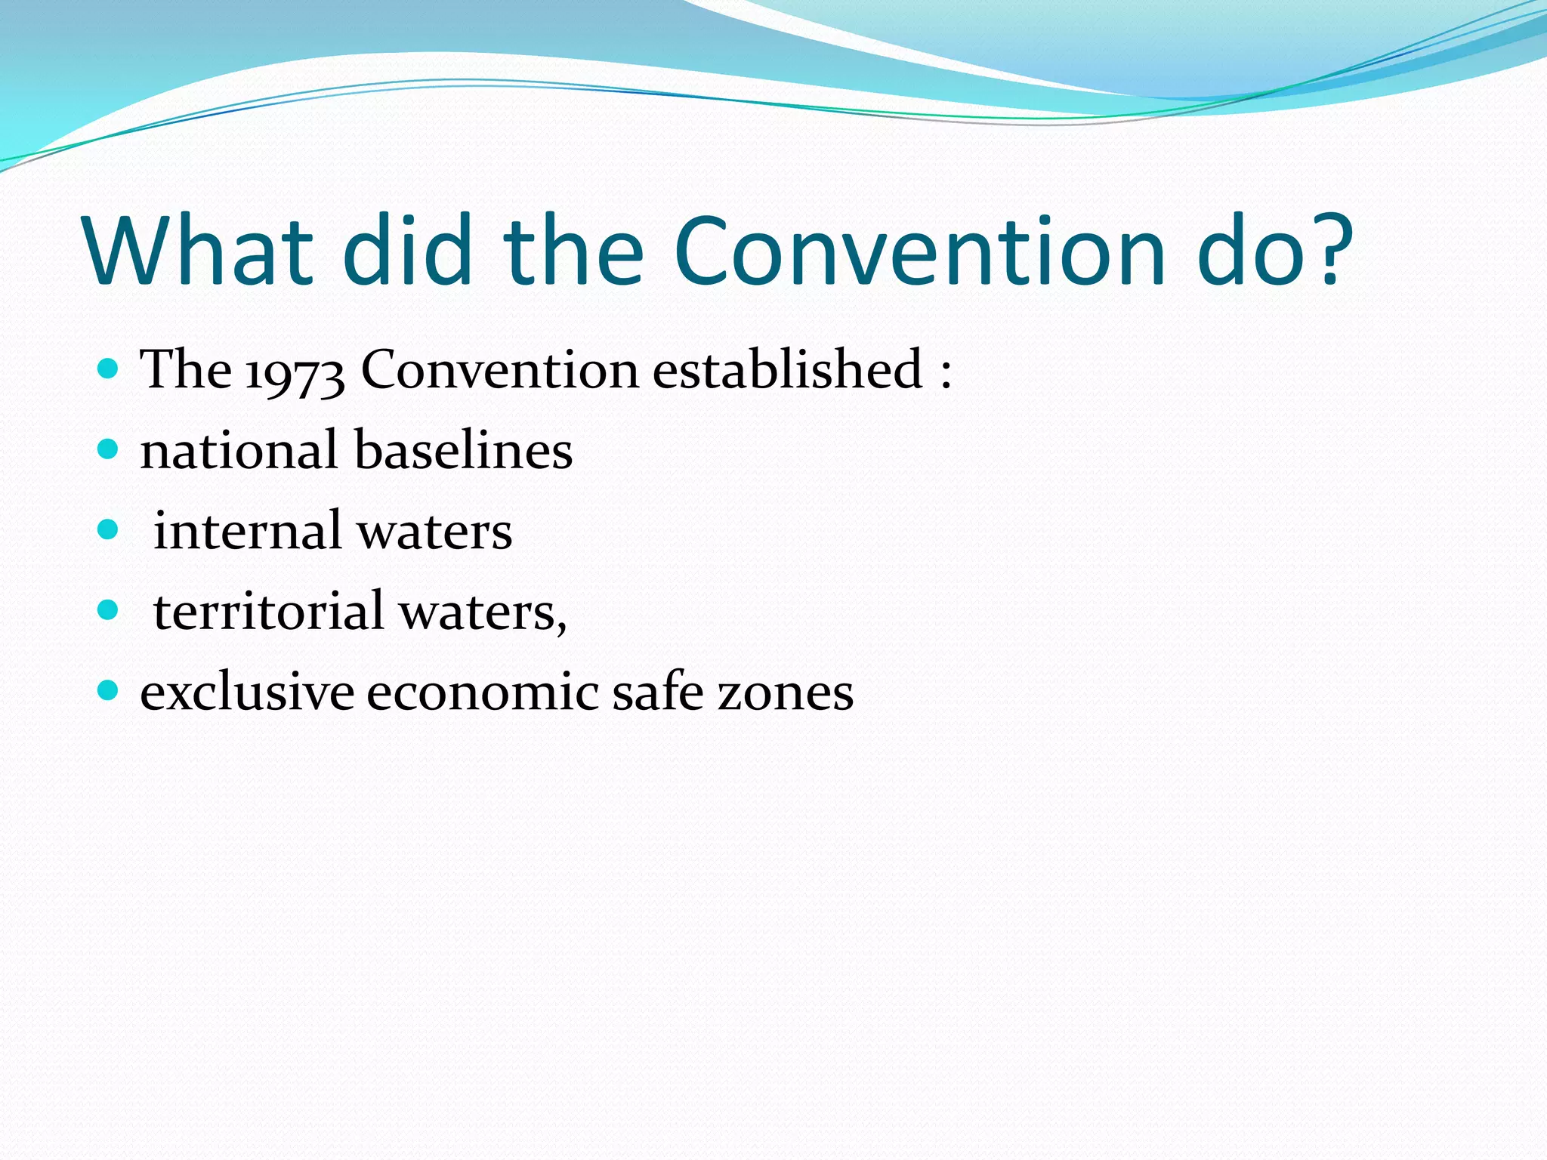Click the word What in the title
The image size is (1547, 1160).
point(198,251)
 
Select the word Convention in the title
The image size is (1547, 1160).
point(919,251)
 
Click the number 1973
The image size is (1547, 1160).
point(295,372)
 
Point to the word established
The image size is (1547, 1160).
point(787,370)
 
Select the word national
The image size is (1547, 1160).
point(239,450)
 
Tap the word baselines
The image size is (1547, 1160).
point(463,450)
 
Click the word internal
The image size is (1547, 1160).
point(247,530)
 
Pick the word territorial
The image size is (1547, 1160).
point(268,611)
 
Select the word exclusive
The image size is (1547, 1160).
point(247,692)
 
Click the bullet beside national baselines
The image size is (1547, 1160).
point(109,450)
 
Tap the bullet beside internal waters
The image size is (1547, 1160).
point(109,530)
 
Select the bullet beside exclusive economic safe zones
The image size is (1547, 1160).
point(109,690)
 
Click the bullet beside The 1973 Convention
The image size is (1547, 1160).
point(109,369)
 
